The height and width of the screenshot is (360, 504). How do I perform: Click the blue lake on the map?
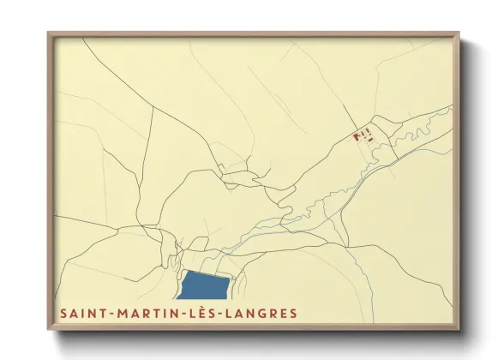[206, 285]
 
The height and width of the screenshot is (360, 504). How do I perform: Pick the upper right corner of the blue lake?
[229, 276]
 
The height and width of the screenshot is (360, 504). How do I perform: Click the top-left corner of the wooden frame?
[48, 33]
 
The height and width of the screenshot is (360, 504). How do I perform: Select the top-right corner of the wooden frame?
[460, 33]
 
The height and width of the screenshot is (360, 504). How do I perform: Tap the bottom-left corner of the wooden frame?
[48, 331]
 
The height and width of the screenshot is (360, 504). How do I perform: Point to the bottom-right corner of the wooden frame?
[460, 331]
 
